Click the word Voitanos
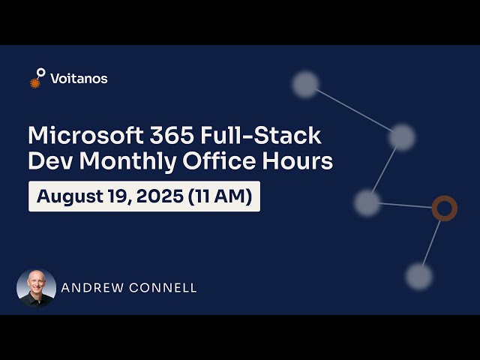(x=79, y=78)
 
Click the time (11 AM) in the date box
(x=223, y=196)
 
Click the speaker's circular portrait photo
(x=36, y=288)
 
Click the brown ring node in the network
(x=444, y=208)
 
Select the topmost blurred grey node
(x=305, y=84)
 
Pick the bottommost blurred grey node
(x=418, y=276)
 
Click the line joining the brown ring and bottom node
(x=431, y=242)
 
